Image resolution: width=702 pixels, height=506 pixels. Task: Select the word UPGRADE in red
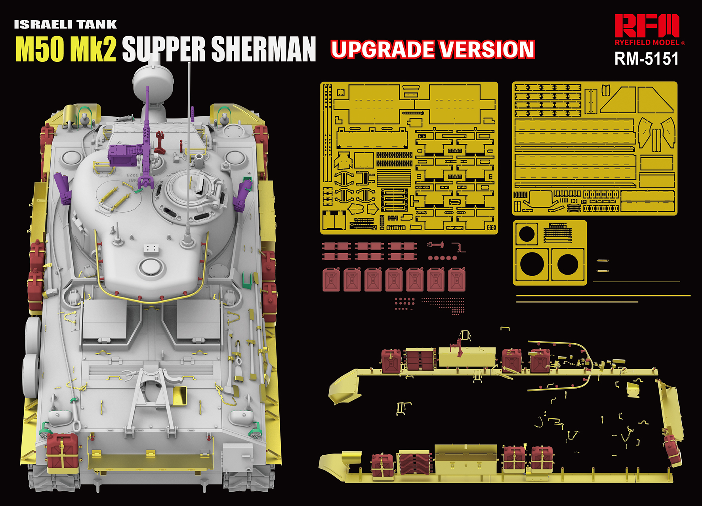(383, 50)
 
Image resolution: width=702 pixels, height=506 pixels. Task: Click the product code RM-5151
(647, 59)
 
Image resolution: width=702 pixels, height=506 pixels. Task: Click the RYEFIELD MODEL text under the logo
(647, 42)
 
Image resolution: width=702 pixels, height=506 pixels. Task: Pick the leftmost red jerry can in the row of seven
(331, 279)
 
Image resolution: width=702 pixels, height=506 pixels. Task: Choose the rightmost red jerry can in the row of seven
(457, 279)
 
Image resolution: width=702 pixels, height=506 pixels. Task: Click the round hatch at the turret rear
(150, 267)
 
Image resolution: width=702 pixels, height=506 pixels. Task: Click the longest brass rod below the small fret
(603, 296)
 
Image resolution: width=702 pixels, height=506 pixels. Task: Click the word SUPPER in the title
(164, 49)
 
